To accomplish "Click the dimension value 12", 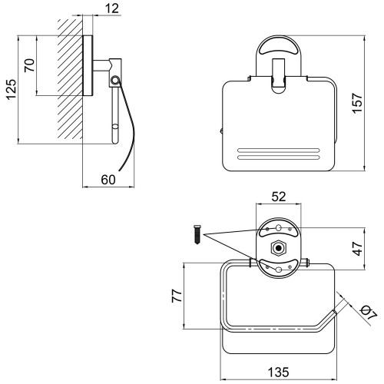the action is coord(112,8).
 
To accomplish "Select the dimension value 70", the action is coord(29,65).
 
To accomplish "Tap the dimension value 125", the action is coord(11,90).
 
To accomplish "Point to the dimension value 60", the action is coord(108,180).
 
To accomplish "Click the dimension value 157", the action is coord(357,103).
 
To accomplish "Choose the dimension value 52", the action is coord(279,197).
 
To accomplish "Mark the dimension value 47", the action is coord(358,248).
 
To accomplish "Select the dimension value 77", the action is coord(177,296).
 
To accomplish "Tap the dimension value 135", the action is coord(279,372).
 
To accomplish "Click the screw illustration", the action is coord(197,234).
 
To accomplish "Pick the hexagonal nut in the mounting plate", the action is coord(278,248).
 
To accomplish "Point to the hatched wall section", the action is coord(70,79).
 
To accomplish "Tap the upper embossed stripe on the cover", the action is coord(279,151).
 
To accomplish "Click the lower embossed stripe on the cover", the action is coord(279,157).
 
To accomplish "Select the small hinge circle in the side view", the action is coord(114,80).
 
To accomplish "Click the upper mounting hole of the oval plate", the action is coord(279,227).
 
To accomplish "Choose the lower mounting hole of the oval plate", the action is coord(279,270).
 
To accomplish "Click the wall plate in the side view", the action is coord(88,65).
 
